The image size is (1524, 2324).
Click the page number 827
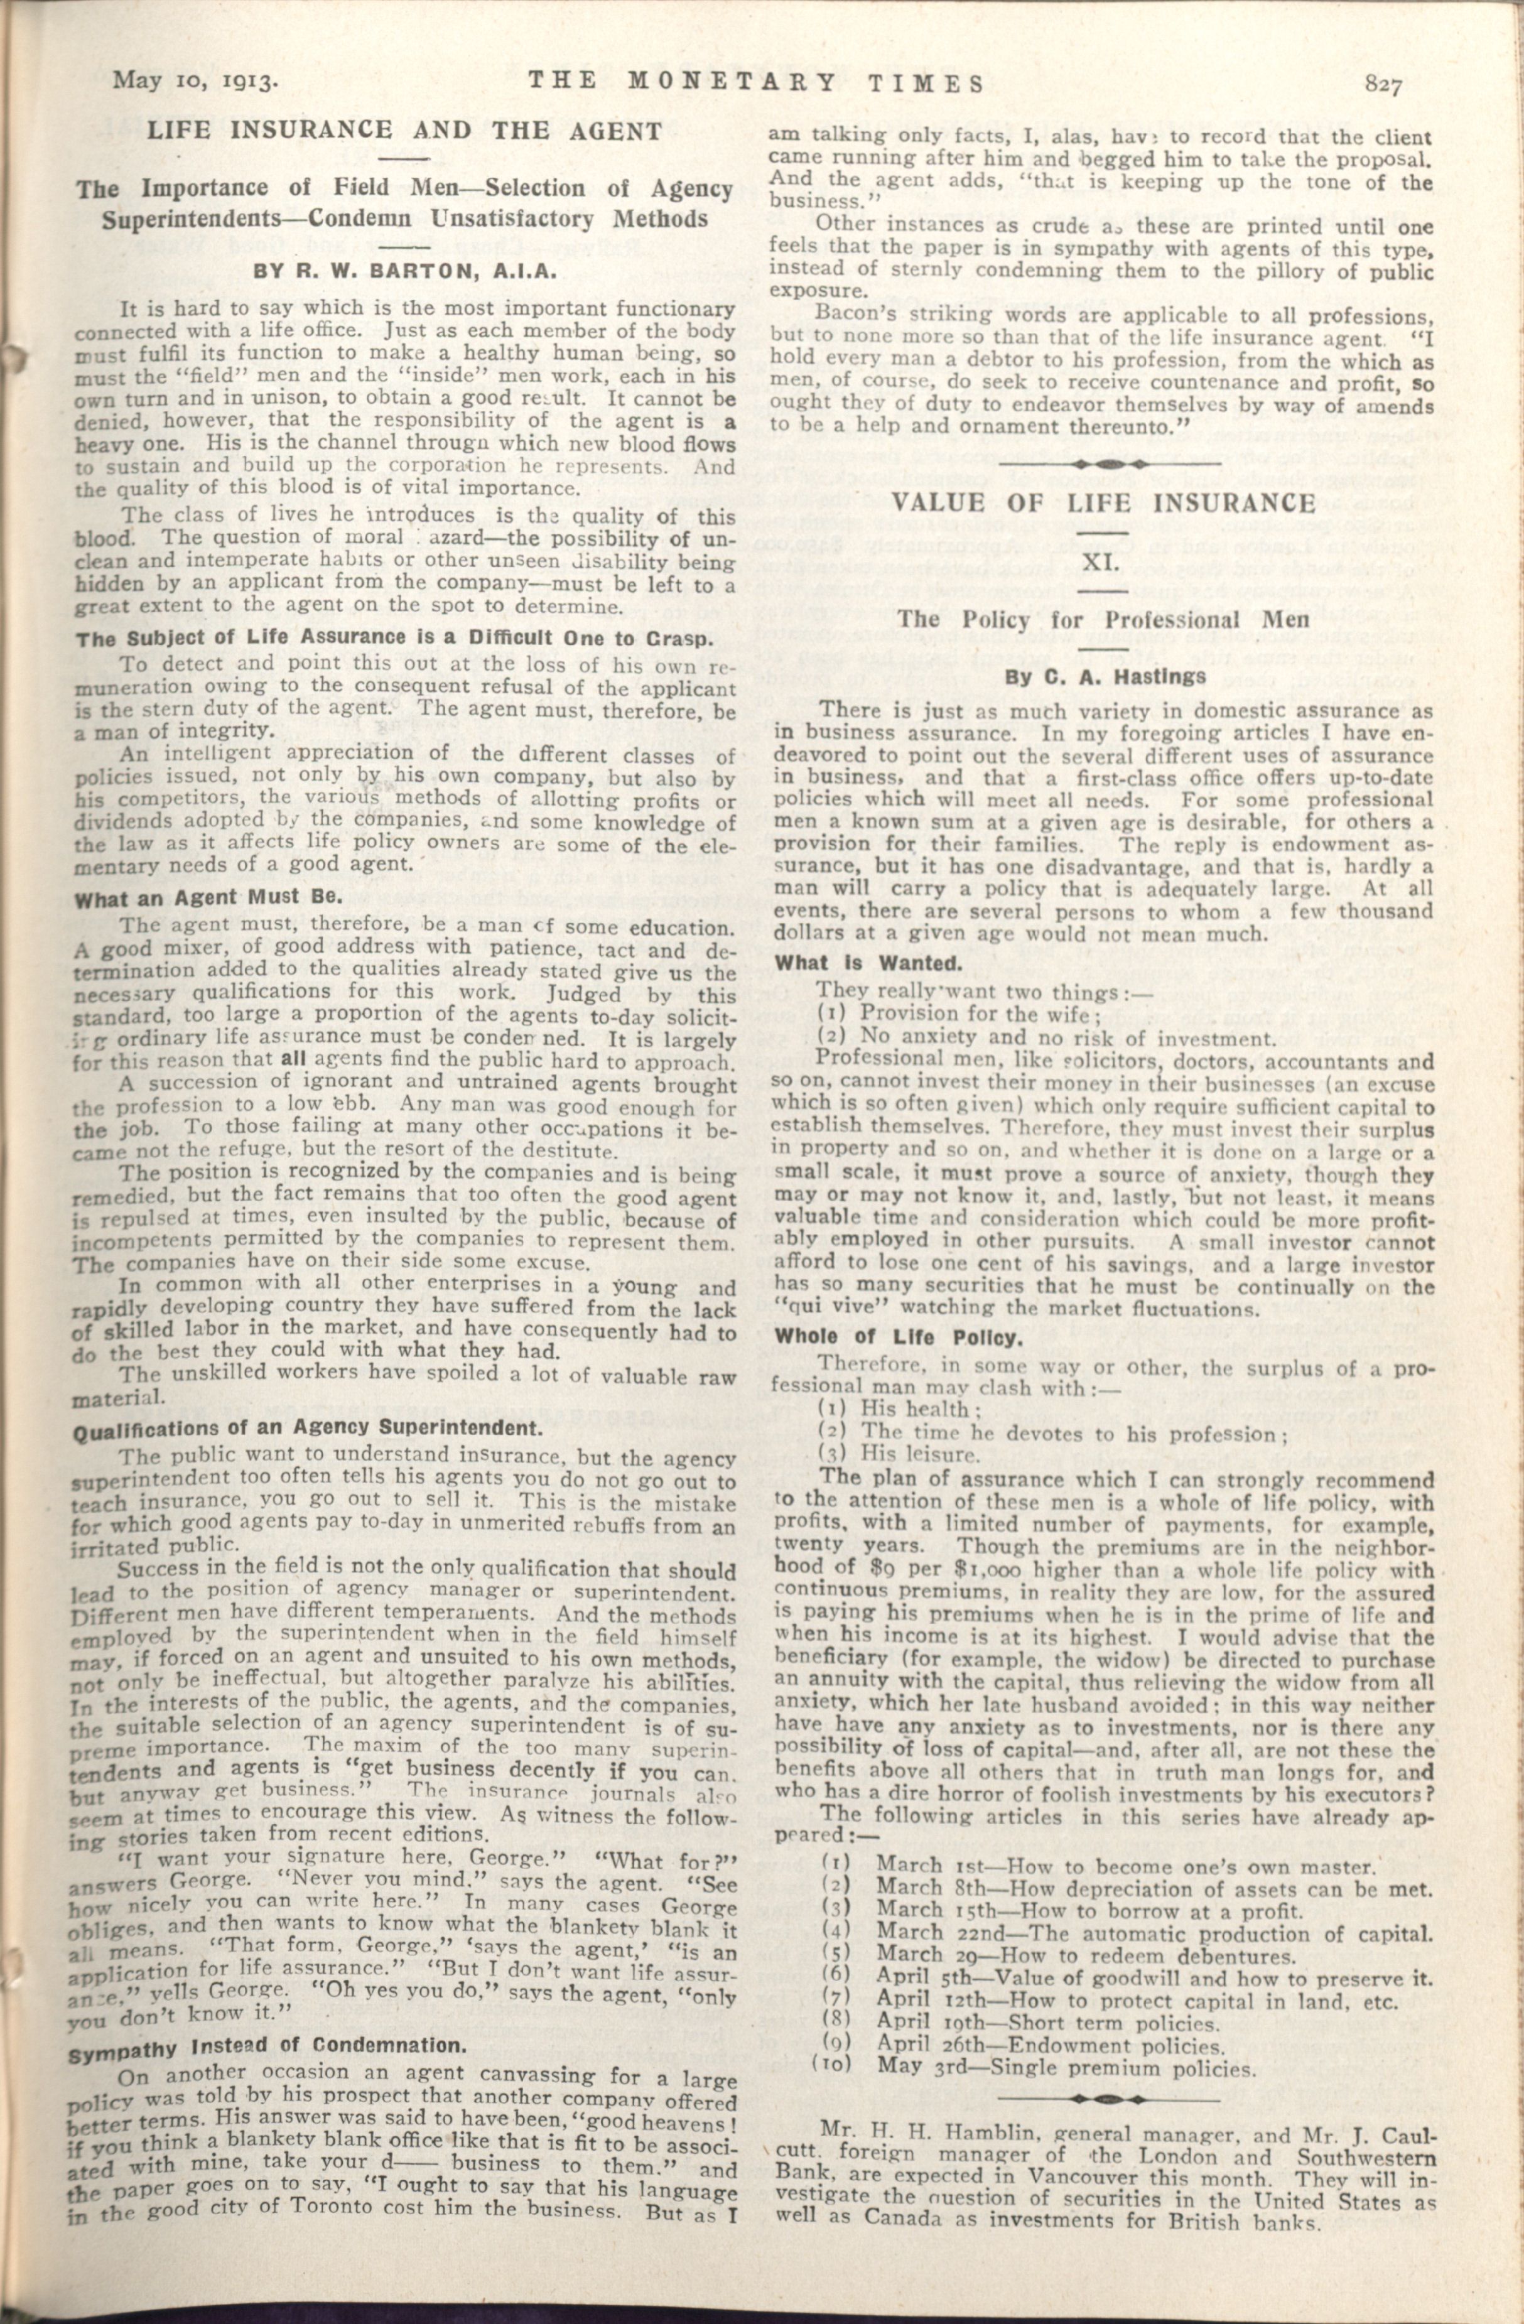(1383, 86)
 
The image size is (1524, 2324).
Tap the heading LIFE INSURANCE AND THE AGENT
(404, 130)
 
